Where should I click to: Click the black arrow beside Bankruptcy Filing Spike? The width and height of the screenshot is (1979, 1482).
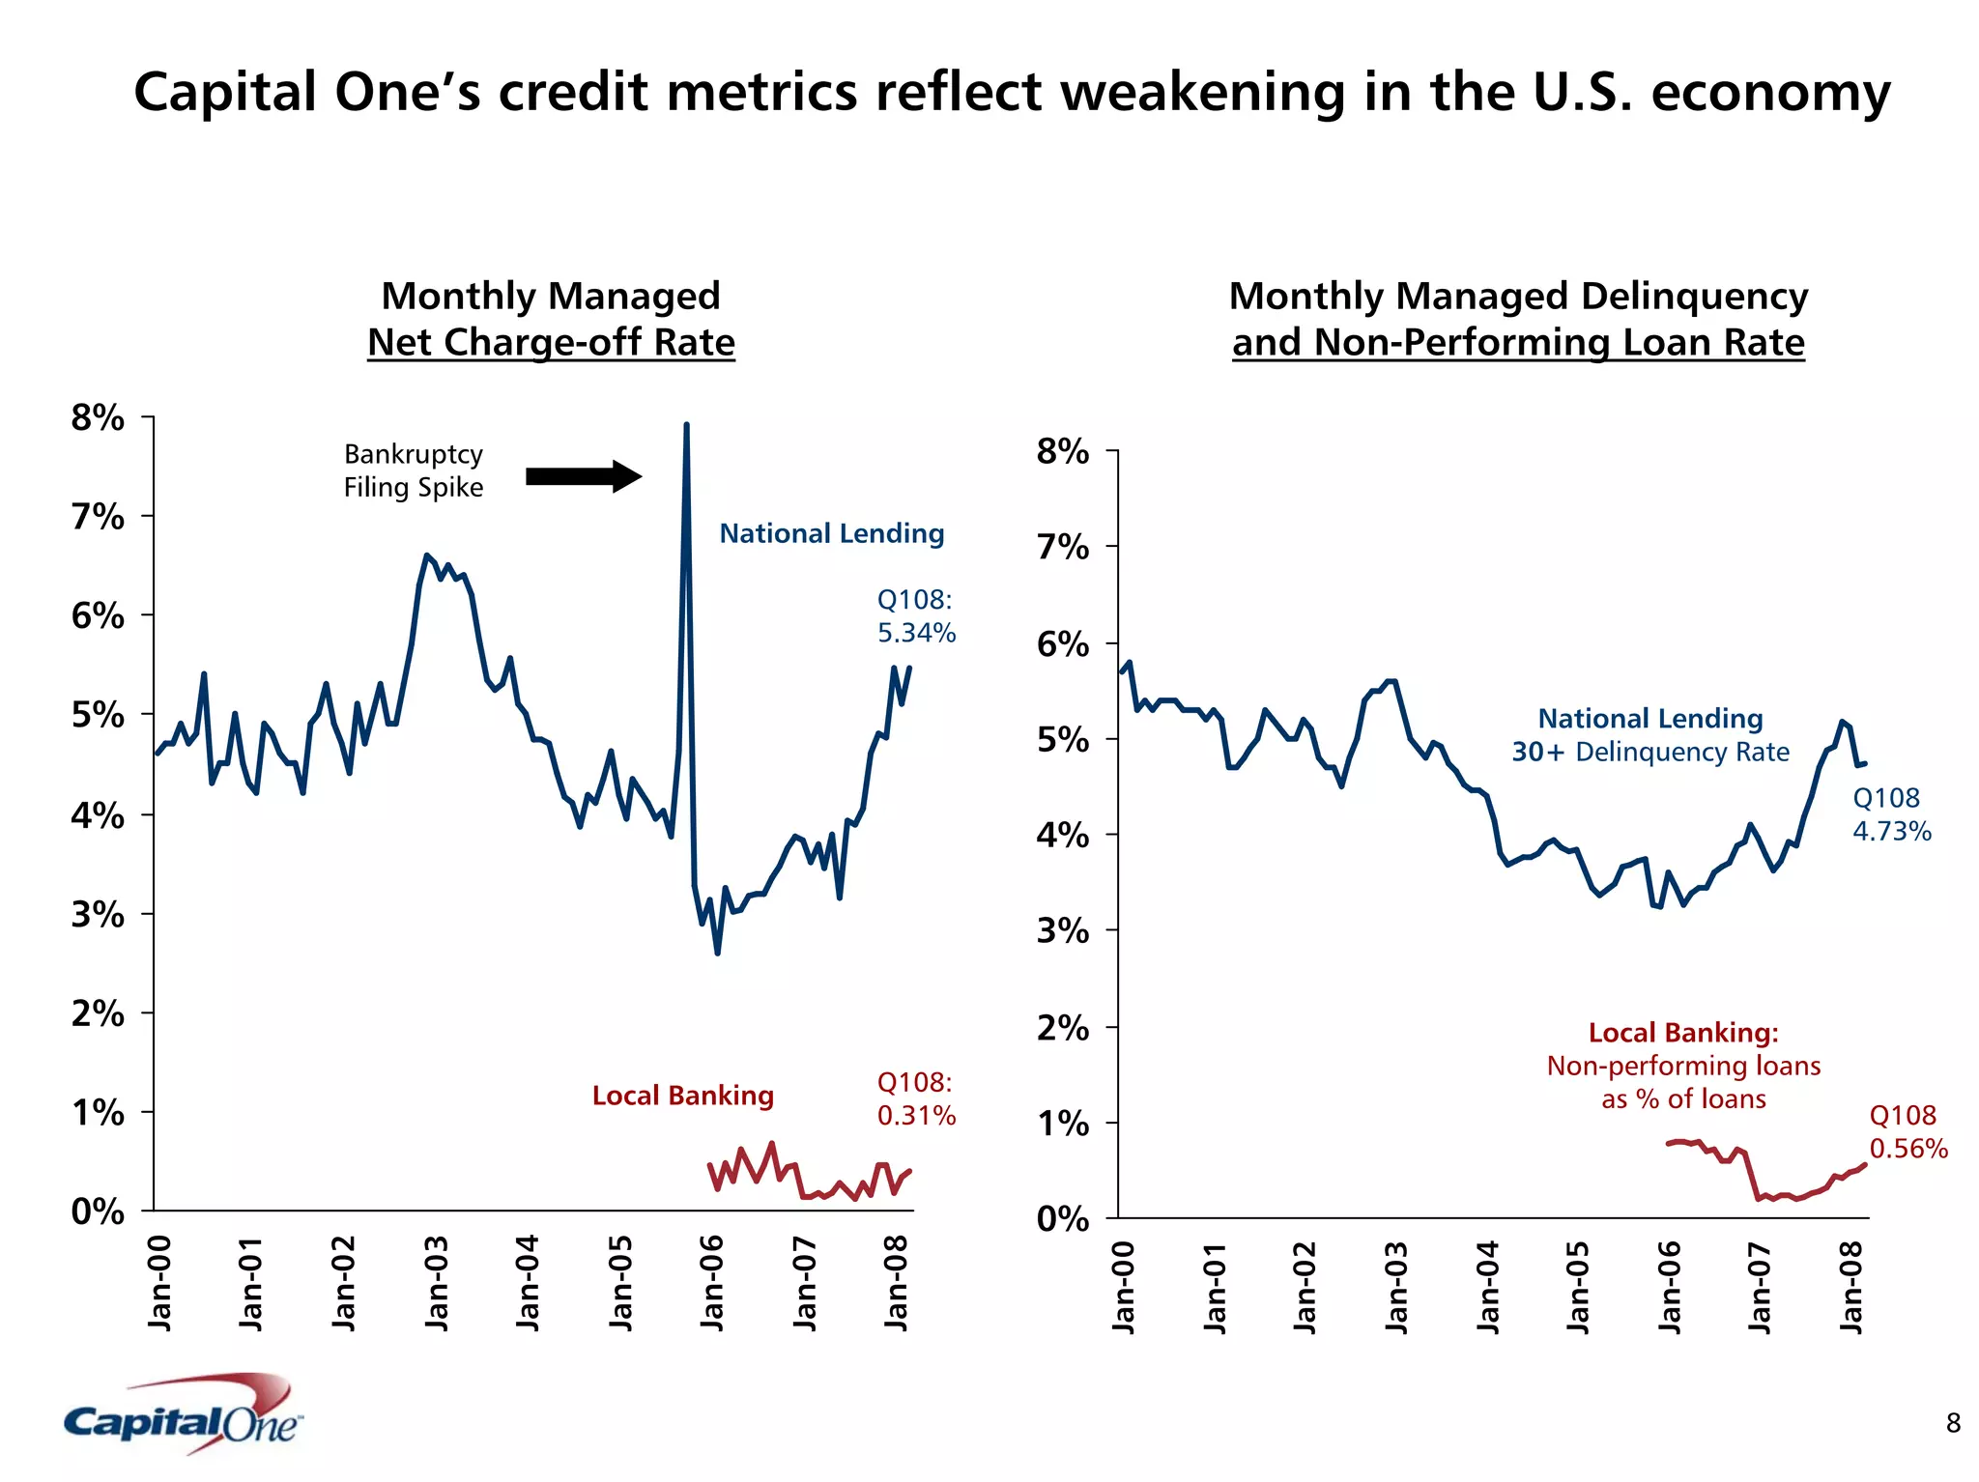coord(583,476)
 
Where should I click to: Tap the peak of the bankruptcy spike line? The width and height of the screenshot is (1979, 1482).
coord(686,426)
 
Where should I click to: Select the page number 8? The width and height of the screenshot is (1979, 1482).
coord(1953,1423)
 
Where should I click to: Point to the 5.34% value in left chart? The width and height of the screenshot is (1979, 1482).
coord(916,633)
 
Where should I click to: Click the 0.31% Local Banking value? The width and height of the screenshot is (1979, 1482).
coord(916,1116)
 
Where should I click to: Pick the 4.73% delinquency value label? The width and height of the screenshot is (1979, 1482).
coord(1891,831)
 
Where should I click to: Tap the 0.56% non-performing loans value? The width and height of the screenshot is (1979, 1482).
coord(1907,1149)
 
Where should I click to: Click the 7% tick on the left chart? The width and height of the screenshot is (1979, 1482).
coord(98,517)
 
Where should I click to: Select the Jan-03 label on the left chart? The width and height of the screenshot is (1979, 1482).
coord(437,1282)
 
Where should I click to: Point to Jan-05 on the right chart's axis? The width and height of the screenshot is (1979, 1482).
coord(1578,1287)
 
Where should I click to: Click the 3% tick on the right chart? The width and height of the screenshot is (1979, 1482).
coord(1062,930)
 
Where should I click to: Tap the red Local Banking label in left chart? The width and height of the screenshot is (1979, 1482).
coord(682,1096)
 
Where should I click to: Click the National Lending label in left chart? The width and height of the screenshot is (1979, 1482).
coord(831,533)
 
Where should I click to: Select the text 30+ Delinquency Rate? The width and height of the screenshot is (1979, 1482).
coord(1650,752)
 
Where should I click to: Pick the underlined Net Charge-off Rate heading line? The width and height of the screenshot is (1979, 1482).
coord(551,342)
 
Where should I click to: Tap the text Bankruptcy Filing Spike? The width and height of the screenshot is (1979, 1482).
coord(414,470)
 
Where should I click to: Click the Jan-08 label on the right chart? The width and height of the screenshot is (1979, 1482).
coord(1850,1287)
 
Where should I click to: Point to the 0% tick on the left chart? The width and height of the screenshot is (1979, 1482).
coord(98,1211)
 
